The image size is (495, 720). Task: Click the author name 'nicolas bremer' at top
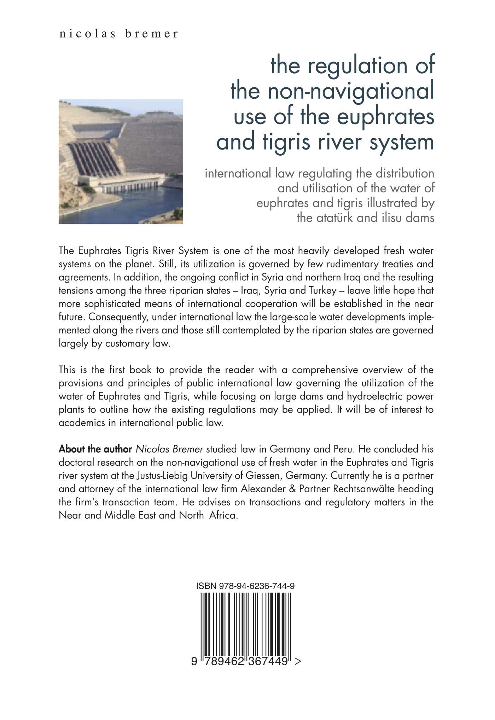click(119, 34)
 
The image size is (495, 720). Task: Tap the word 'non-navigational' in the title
click(350, 91)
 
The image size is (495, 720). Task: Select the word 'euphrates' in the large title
click(385, 116)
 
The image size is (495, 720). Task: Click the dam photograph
click(121, 161)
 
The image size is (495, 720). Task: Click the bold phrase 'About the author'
click(95, 449)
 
